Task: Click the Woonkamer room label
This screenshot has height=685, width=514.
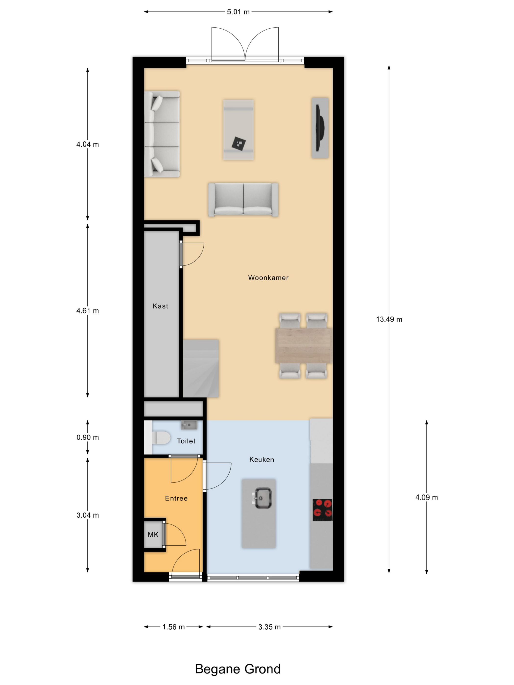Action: tap(268, 278)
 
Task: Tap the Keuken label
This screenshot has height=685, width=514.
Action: tap(262, 459)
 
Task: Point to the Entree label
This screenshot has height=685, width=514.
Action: tap(176, 498)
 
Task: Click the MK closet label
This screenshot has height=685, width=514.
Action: tap(153, 535)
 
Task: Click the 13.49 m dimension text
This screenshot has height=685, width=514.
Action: tap(389, 319)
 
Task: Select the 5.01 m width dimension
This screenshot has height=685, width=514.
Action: tap(238, 12)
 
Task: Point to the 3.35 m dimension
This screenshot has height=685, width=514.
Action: tap(269, 627)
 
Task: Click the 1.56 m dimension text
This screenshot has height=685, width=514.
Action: tap(174, 627)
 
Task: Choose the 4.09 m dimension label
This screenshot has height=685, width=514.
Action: tap(427, 497)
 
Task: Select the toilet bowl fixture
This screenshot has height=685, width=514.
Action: tap(161, 438)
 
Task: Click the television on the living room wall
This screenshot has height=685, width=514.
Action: tap(319, 128)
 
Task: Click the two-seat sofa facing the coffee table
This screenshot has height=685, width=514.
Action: tap(243, 199)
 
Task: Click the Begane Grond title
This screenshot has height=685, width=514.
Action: tap(238, 669)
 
